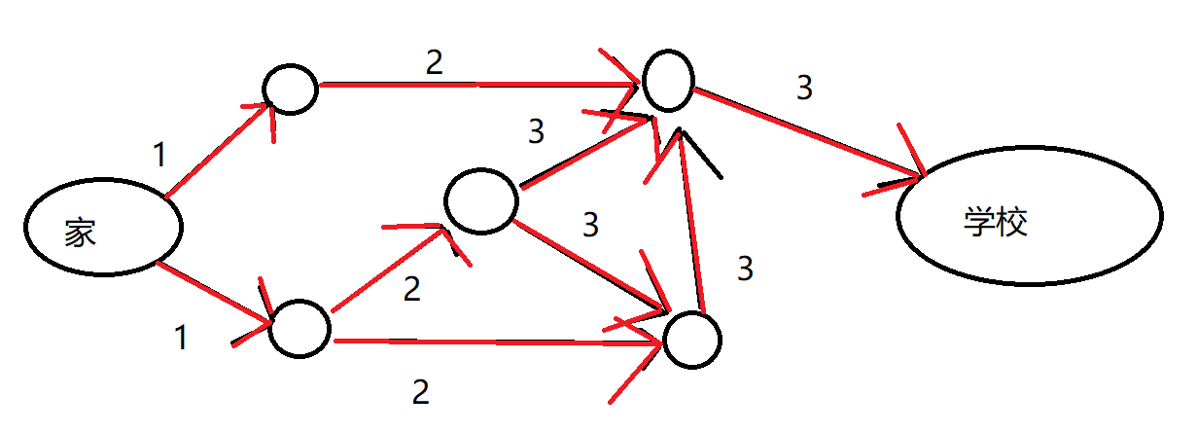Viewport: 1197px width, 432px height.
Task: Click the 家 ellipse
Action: tap(103, 226)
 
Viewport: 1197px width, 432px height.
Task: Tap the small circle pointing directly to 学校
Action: tap(666, 80)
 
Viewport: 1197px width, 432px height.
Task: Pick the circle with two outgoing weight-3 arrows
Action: tap(480, 200)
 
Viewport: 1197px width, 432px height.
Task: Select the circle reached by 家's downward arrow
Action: tap(300, 328)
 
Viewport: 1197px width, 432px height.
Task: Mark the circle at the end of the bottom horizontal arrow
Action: tap(691, 340)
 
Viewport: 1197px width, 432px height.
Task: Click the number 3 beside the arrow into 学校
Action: tap(803, 89)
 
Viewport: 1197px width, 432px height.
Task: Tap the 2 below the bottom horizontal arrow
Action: tap(420, 392)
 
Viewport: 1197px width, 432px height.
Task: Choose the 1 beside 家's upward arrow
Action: tap(159, 154)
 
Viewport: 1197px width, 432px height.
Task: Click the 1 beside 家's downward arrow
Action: tap(180, 338)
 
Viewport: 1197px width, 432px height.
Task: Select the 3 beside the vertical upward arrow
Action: tap(745, 269)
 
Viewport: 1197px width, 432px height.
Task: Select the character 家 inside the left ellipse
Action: tap(81, 233)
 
